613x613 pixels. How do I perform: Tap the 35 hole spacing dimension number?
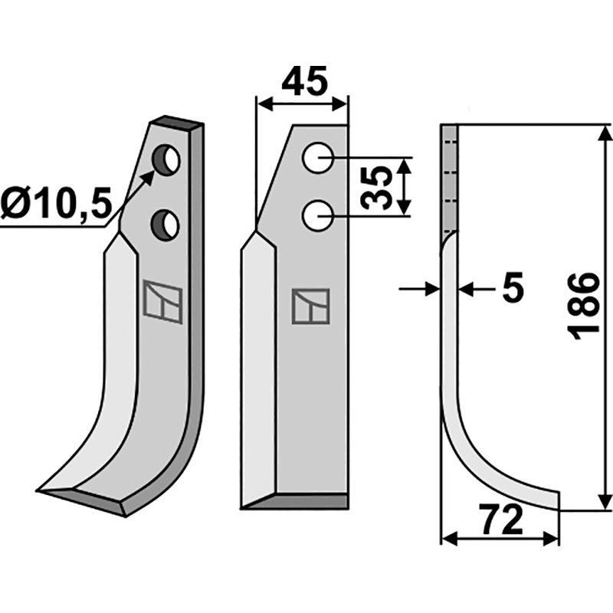click(376, 187)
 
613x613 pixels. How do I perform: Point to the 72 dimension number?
click(502, 520)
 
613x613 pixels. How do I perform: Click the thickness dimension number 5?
click(513, 289)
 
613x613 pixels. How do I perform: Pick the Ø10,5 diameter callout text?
click(54, 204)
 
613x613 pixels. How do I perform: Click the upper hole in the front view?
click(318, 158)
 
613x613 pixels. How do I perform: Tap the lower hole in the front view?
click(318, 216)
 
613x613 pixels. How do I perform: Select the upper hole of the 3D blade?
click(166, 160)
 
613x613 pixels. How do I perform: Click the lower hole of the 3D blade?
click(166, 225)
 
